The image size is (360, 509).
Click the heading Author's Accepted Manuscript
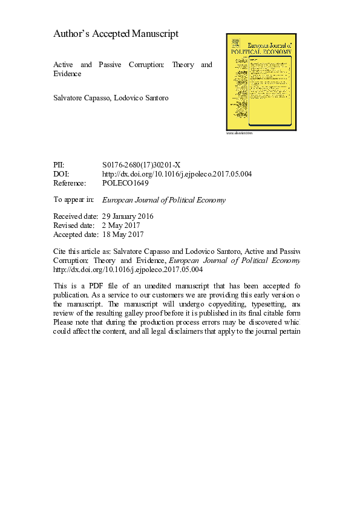click(x=116, y=34)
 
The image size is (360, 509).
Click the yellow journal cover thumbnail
click(x=258, y=81)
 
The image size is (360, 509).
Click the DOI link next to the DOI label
click(x=177, y=174)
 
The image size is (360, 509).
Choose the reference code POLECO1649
click(x=126, y=183)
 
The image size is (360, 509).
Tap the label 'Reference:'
click(x=70, y=183)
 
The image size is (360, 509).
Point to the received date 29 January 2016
click(x=129, y=216)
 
